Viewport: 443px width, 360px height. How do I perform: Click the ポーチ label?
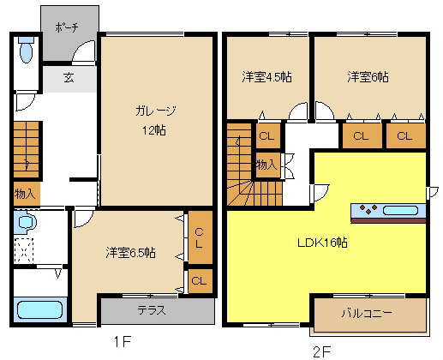(68, 27)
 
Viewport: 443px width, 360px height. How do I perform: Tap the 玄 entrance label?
(68, 77)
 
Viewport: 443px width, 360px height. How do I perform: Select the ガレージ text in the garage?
(154, 110)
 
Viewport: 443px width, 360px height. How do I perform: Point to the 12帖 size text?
(154, 130)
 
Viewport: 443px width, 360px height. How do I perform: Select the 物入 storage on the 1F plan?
(25, 195)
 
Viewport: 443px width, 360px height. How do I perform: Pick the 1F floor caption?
(122, 342)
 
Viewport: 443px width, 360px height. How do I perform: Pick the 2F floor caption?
(321, 350)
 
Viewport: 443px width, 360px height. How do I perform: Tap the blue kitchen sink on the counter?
(401, 209)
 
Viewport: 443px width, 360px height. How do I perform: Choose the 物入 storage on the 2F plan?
(266, 164)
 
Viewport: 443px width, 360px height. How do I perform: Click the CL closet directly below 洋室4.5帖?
(266, 136)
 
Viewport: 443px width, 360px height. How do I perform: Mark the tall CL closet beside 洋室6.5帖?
(198, 236)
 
